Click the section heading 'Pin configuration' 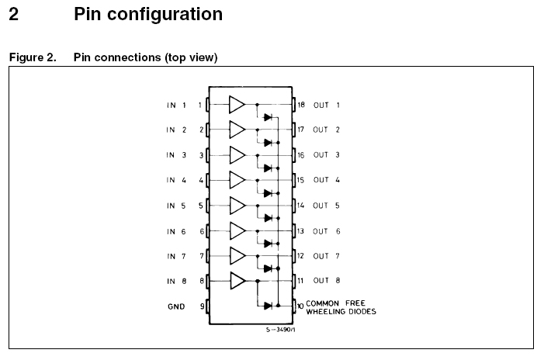(x=147, y=14)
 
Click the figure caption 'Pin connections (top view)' (x=145, y=58)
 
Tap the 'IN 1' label (x=175, y=105)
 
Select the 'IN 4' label (x=175, y=180)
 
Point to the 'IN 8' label (x=175, y=281)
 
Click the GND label (x=176, y=306)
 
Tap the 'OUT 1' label (x=327, y=105)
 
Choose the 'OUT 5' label (x=327, y=206)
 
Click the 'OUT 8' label (x=327, y=281)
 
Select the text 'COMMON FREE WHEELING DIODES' (x=341, y=306)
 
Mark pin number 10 (x=300, y=306)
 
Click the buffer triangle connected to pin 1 (x=237, y=105)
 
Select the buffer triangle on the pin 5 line (x=237, y=206)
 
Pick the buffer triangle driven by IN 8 (x=237, y=281)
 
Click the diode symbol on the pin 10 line (x=268, y=306)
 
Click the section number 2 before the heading (x=13, y=14)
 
